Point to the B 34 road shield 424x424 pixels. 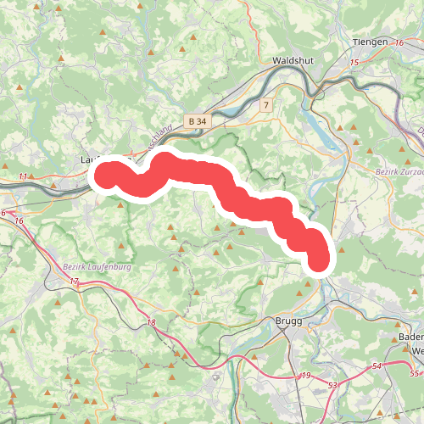coord(197,122)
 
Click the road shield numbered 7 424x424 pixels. coord(266,105)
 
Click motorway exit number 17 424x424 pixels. coord(75,281)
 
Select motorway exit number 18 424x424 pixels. coord(151,322)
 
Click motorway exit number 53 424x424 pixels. coord(333,386)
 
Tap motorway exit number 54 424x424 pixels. coord(377,365)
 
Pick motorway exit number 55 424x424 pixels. coord(414,374)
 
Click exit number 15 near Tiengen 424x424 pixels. coord(354,63)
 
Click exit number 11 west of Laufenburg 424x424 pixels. coord(23,176)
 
